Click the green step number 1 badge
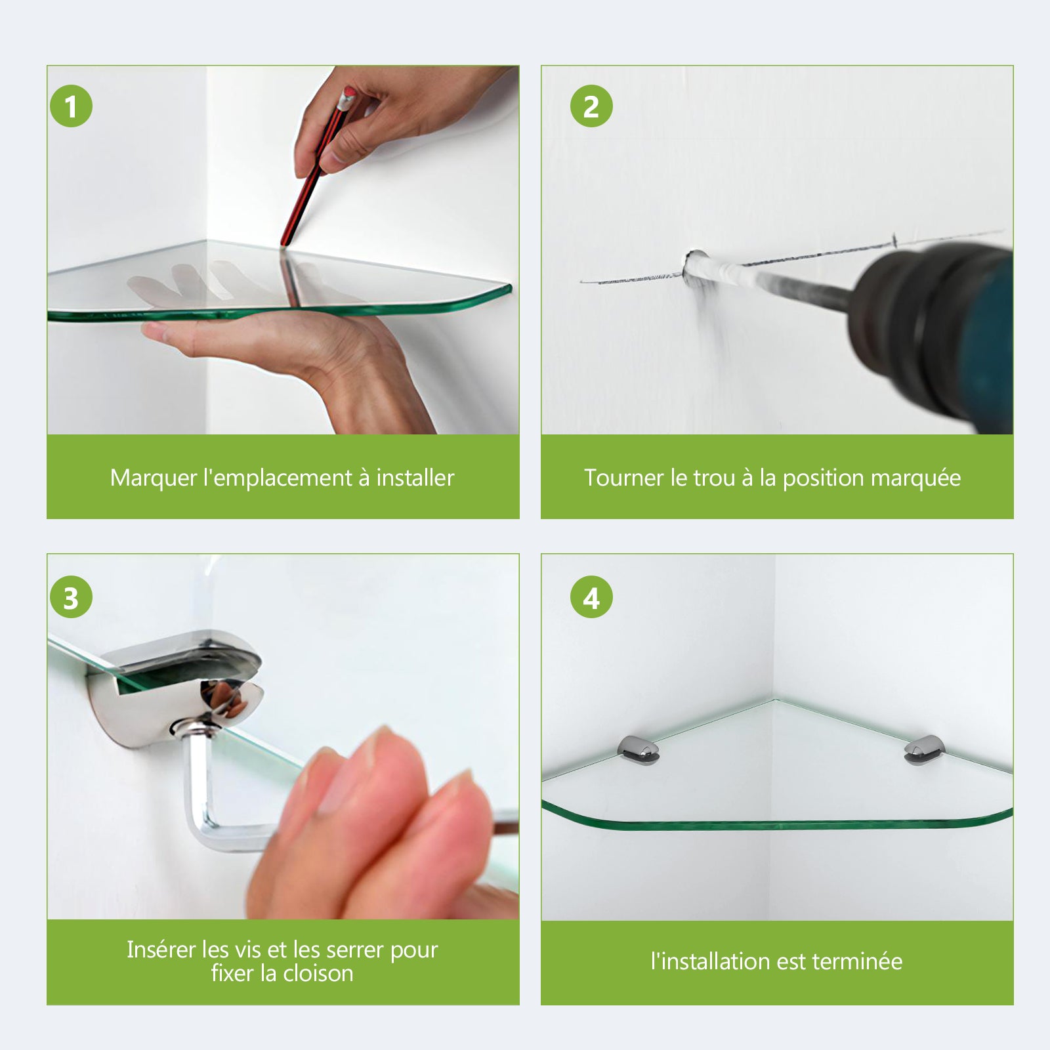[71, 106]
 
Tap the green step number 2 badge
[591, 106]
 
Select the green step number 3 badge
[71, 598]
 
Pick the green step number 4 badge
[591, 598]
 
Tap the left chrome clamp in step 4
[638, 749]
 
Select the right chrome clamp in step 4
[925, 749]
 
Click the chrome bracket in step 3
[177, 682]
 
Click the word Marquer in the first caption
[153, 478]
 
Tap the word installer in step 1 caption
[415, 478]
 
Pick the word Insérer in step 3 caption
[161, 950]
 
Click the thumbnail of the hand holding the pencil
[283, 249]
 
